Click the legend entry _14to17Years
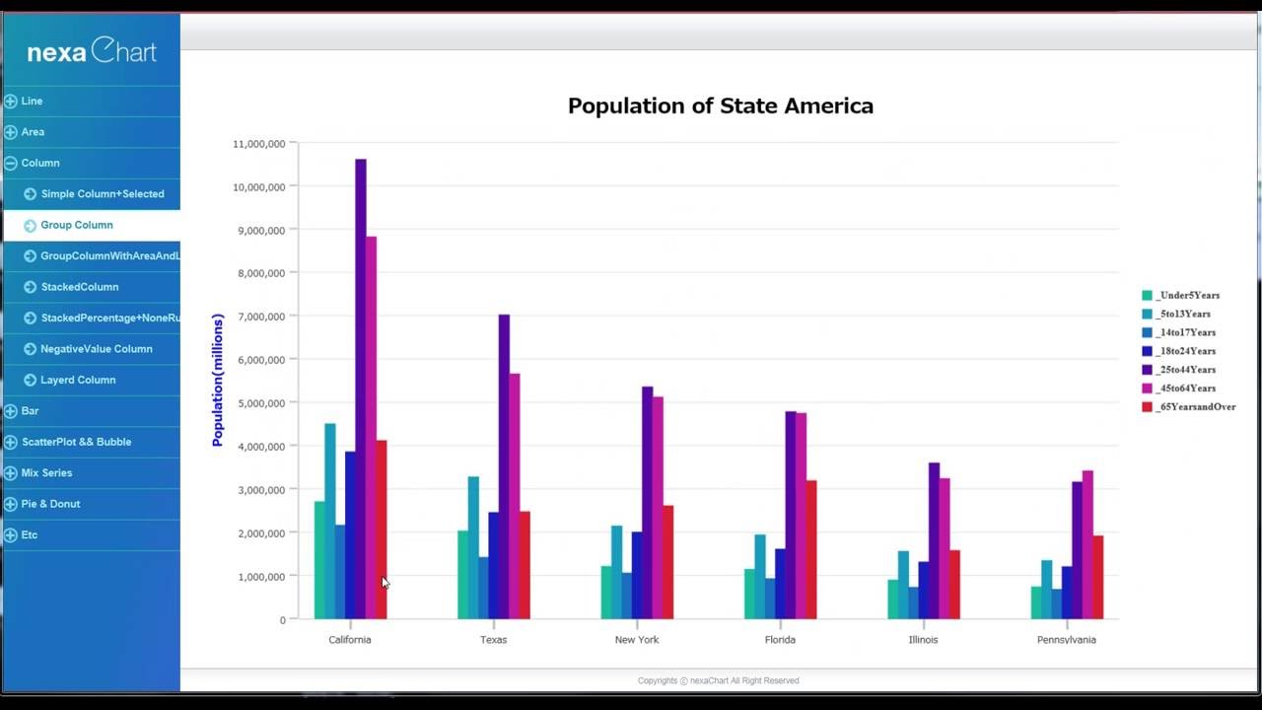pyautogui.click(x=1185, y=332)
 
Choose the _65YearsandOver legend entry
pyautogui.click(x=1195, y=406)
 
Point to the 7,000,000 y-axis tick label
pyautogui.click(x=259, y=317)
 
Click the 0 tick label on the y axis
pyautogui.click(x=282, y=620)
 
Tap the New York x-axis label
pyautogui.click(x=637, y=640)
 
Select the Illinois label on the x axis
pyautogui.click(x=923, y=640)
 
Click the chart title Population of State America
pyautogui.click(x=720, y=106)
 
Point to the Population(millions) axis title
pyautogui.click(x=218, y=381)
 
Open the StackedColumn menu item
pyautogui.click(x=80, y=287)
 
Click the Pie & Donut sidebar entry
pyautogui.click(x=50, y=504)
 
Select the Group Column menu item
pyautogui.click(x=77, y=225)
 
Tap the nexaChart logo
pyautogui.click(x=91, y=51)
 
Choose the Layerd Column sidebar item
pyautogui.click(x=78, y=380)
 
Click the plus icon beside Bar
pyautogui.click(x=10, y=411)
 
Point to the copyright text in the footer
pyautogui.click(x=718, y=680)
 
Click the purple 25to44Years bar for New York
pyautogui.click(x=647, y=503)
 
